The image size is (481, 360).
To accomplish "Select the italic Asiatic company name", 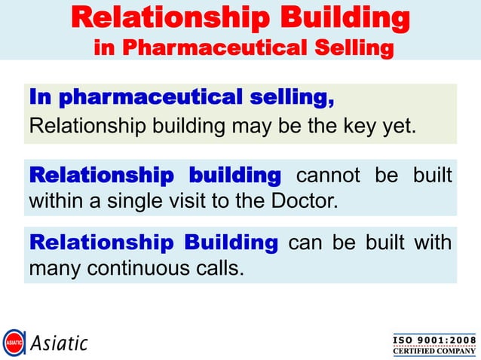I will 60,344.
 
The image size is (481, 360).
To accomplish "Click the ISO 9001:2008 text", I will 434,338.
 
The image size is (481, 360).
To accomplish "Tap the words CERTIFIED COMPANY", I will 434,350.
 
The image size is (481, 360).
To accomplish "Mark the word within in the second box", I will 53,203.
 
